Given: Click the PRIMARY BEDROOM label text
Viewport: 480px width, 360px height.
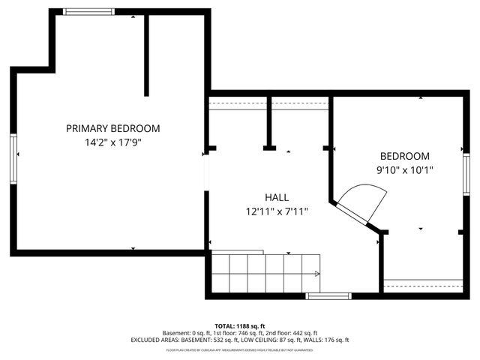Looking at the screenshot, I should pyautogui.click(x=112, y=128).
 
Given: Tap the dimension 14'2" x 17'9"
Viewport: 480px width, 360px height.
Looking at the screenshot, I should pyautogui.click(x=112, y=142).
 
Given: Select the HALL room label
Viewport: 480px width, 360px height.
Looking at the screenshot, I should pyautogui.click(x=277, y=197).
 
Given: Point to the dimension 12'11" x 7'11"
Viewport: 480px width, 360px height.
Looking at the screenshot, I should pyautogui.click(x=277, y=211).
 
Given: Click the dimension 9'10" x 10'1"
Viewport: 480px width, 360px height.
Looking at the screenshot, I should pyautogui.click(x=405, y=170).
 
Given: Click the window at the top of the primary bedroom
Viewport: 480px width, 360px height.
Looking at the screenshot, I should pyautogui.click(x=88, y=11).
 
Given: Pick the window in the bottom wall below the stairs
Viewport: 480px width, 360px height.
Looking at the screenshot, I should pyautogui.click(x=328, y=296).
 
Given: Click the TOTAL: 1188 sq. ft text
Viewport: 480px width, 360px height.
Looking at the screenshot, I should pyautogui.click(x=239, y=325).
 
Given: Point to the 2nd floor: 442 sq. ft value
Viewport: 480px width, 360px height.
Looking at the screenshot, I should pyautogui.click(x=292, y=332).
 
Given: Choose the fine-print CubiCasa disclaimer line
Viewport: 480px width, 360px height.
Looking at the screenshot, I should pyautogui.click(x=239, y=349).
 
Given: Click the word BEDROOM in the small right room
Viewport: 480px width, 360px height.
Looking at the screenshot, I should pyautogui.click(x=405, y=156).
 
